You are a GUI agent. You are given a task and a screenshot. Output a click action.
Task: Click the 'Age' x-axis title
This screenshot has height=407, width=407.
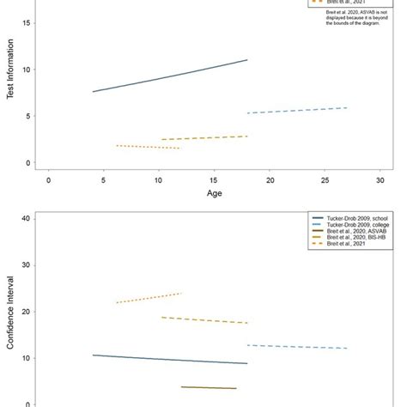[x=215, y=194]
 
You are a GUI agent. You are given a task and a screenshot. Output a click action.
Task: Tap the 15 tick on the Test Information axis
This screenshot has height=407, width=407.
[x=29, y=23]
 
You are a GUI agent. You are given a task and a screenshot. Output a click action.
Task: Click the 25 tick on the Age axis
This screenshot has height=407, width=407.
[x=325, y=180]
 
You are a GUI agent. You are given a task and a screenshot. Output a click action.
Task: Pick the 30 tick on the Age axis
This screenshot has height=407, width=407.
[x=380, y=180]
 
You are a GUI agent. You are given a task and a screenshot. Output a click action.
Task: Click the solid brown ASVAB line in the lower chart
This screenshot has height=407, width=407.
[x=209, y=387]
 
